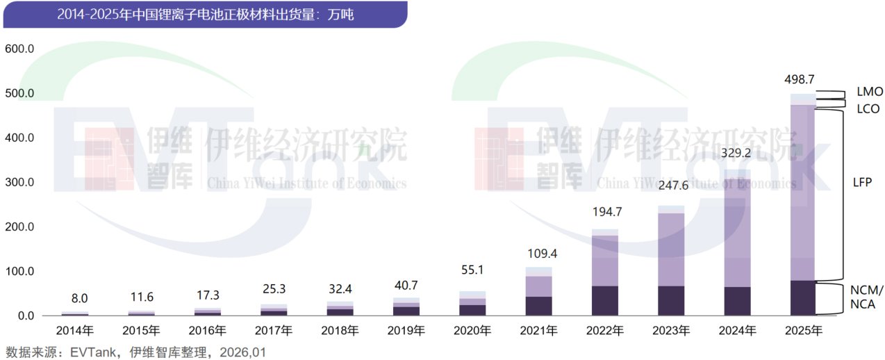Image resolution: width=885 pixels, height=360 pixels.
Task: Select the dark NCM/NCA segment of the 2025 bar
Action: point(803,298)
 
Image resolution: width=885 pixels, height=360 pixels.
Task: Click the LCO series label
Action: point(868,108)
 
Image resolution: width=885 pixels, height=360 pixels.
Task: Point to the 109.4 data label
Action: point(538,253)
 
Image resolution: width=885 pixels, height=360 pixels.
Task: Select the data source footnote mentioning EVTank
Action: point(136,352)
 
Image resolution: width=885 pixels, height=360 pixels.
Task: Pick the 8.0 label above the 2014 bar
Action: point(80,299)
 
